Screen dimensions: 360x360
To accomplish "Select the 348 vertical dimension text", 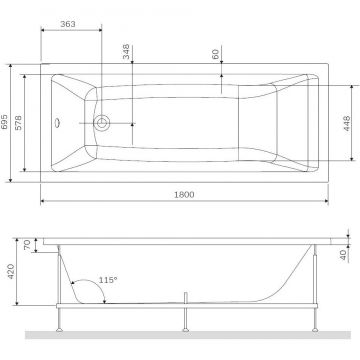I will click(x=126, y=51).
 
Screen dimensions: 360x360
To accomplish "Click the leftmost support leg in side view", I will click(x=60, y=319).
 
